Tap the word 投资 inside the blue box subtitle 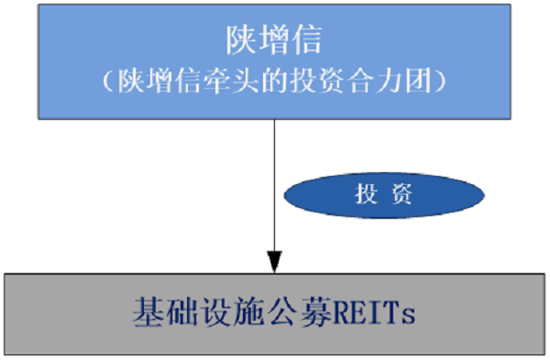pos(322,81)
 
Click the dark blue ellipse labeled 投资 pos(384,194)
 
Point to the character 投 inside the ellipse pos(367,194)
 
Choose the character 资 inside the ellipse pos(401,194)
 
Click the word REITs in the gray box pos(378,313)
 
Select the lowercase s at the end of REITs pos(410,315)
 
